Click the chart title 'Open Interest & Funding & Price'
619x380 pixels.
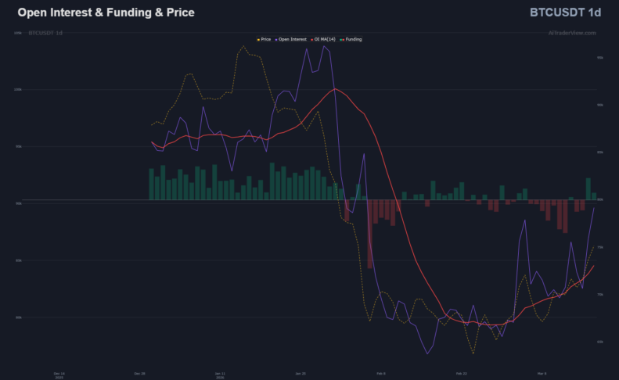click(106, 13)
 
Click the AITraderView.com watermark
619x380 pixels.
click(572, 33)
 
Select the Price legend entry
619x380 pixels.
click(265, 39)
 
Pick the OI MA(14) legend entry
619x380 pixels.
click(326, 39)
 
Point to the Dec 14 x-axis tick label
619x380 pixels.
click(59, 374)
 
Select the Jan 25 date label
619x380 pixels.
click(301, 374)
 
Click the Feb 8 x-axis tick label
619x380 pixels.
click(381, 374)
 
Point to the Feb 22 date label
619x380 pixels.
click(462, 374)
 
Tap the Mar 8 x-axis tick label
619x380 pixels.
click(542, 374)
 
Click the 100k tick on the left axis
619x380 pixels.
click(17, 89)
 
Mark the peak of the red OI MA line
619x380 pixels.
click(336, 88)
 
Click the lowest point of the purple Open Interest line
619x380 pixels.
click(428, 354)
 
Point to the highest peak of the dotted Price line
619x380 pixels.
click(243, 46)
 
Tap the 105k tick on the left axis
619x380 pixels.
click(17, 33)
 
